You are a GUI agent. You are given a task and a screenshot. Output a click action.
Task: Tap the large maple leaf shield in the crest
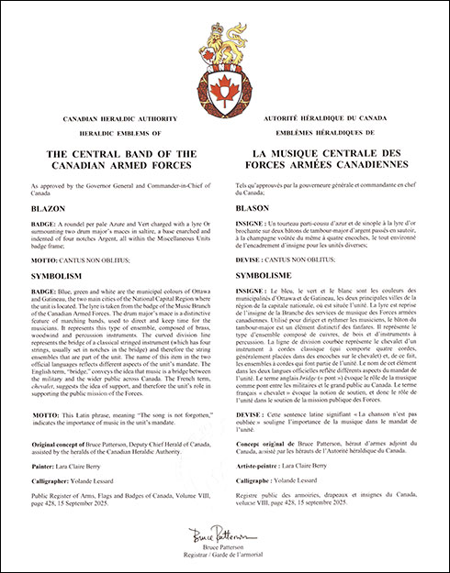(224, 89)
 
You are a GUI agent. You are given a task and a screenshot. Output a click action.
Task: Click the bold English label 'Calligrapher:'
(52, 479)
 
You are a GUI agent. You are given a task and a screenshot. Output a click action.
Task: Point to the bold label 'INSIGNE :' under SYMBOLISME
(256, 290)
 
